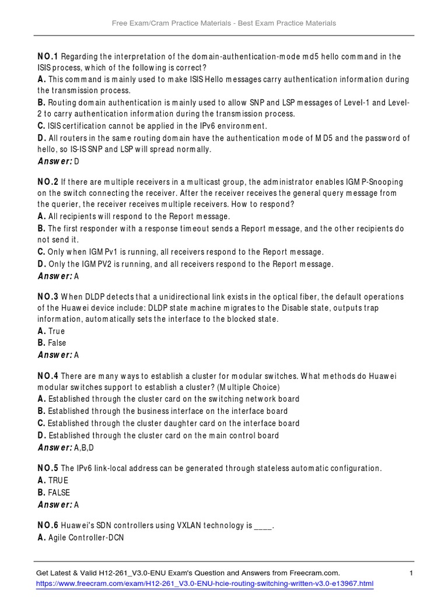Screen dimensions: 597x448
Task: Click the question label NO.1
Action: tap(48, 57)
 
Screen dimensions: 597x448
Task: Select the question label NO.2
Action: tap(48, 182)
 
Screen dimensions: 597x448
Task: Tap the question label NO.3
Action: tap(48, 297)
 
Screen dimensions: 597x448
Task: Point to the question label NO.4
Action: tap(48, 377)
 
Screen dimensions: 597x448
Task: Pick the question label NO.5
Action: tap(48, 468)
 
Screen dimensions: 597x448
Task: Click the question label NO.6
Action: tap(48, 525)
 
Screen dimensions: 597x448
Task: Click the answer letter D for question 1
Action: tap(76, 161)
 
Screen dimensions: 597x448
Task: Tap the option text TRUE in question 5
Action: tap(58, 480)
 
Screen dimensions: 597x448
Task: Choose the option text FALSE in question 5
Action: tap(59, 493)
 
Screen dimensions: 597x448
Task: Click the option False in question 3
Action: tap(57, 343)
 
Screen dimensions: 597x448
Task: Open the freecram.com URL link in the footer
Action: tap(204, 584)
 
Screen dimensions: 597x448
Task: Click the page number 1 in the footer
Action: tap(411, 573)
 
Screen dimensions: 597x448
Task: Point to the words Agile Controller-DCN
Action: tap(86, 538)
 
